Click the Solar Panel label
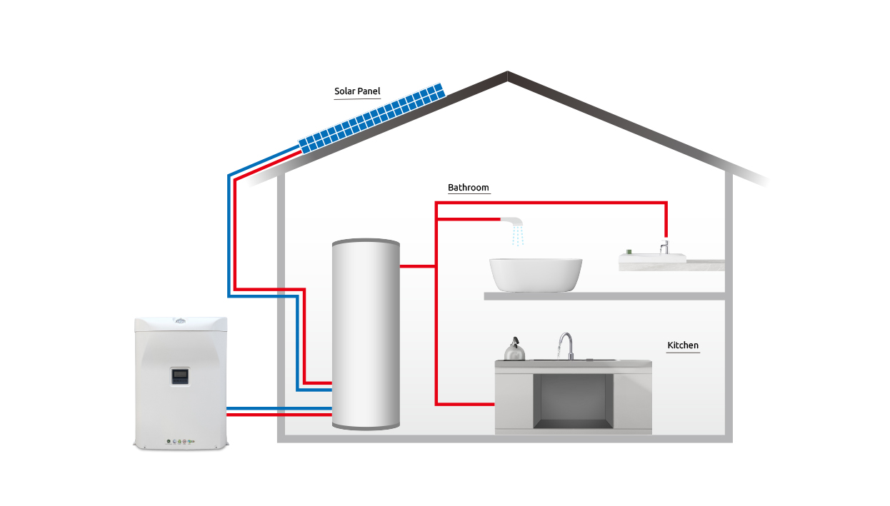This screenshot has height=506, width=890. (x=357, y=91)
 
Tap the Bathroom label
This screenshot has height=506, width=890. (x=469, y=187)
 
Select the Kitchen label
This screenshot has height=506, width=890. (x=683, y=345)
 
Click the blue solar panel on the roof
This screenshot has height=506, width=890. (x=372, y=118)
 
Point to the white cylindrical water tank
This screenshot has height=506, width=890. (x=366, y=334)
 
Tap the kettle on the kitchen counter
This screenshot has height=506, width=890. (x=514, y=349)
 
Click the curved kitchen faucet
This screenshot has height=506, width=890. (x=566, y=345)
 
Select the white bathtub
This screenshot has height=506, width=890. (x=536, y=275)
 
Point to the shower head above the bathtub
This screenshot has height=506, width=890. (x=511, y=221)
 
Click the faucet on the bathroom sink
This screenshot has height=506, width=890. (x=664, y=246)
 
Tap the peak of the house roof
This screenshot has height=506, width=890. (x=507, y=72)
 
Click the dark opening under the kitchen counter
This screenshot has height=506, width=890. (x=573, y=401)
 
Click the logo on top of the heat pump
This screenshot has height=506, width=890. (x=181, y=320)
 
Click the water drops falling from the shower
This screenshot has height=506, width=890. (x=518, y=236)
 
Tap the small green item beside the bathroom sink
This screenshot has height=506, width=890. (x=629, y=252)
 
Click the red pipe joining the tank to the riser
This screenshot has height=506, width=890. (x=418, y=266)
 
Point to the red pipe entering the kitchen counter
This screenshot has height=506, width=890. (x=465, y=405)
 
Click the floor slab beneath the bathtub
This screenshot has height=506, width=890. (x=604, y=296)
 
